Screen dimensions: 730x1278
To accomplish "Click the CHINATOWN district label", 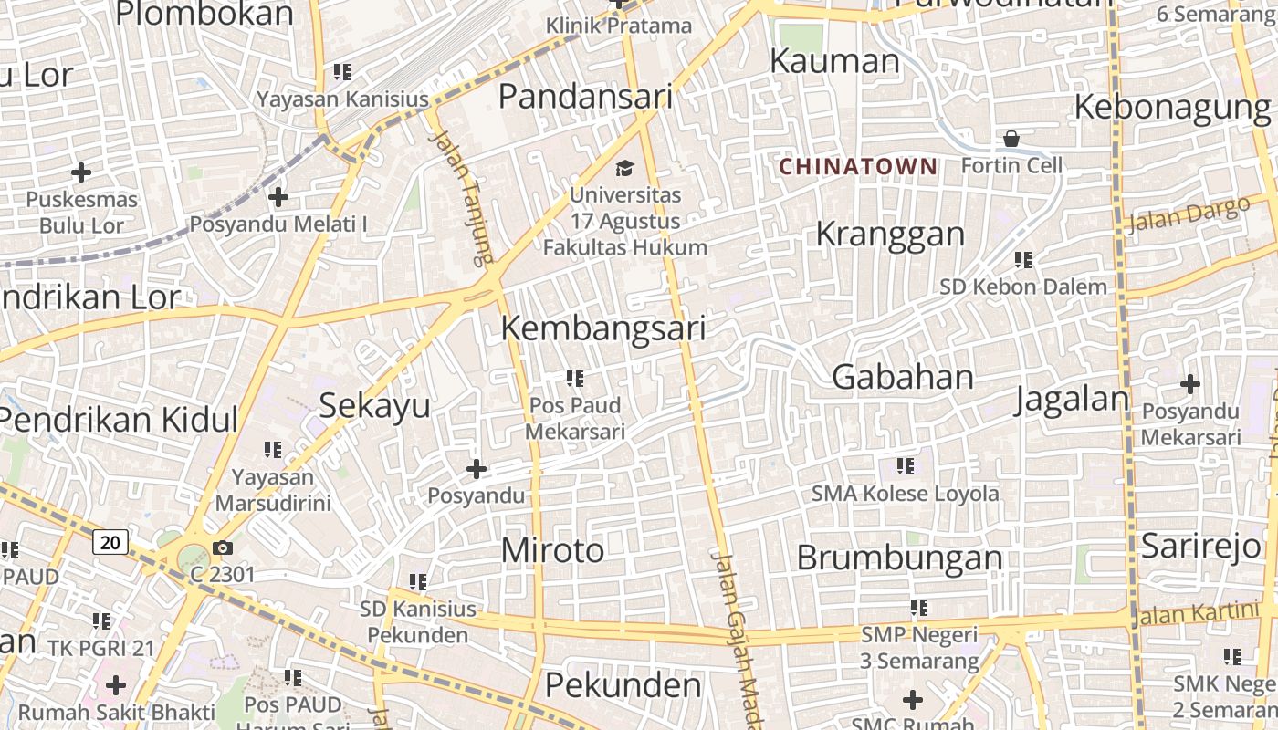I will [858, 166].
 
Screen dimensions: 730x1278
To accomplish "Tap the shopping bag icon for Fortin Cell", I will [1011, 139].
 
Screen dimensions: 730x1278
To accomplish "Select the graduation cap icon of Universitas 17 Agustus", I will [624, 168].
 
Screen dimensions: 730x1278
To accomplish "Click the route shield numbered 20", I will [110, 542].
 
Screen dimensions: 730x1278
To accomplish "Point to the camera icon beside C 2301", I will [222, 547].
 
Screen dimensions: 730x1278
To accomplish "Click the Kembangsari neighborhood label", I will [603, 328].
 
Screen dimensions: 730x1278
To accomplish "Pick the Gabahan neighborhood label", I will [903, 377].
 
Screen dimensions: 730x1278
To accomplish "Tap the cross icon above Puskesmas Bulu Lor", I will [81, 172].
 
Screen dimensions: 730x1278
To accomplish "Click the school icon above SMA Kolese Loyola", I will [905, 466].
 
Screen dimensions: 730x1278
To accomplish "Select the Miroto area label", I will [552, 550].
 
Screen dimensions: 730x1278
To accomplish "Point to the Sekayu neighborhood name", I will [374, 406].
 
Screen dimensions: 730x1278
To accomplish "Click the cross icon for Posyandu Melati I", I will [278, 196].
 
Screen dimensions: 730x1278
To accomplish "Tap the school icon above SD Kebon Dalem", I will [1022, 260].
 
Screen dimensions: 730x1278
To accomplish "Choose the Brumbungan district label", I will [899, 558].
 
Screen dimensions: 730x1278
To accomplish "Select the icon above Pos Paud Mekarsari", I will [574, 378].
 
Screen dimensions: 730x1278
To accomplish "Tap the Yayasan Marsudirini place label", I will [272, 490].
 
